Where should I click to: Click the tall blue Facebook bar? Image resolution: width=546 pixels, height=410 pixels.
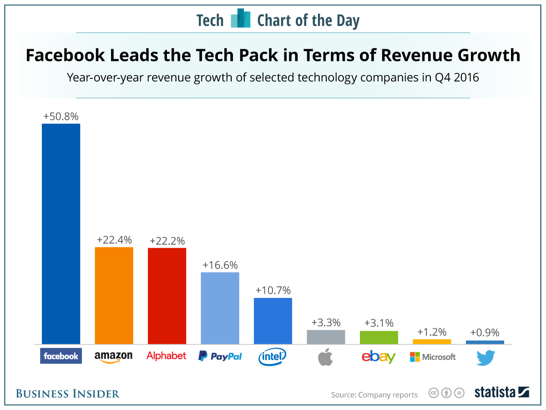pyautogui.click(x=61, y=234)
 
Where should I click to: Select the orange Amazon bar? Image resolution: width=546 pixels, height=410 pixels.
pyautogui.click(x=114, y=296)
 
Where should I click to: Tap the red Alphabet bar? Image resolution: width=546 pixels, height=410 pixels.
pyautogui.click(x=167, y=296)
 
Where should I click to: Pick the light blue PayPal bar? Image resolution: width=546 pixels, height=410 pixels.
pyautogui.click(x=220, y=308)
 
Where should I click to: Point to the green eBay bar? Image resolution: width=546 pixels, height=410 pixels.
pyautogui.click(x=379, y=337)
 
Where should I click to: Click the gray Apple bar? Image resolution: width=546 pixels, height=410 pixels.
pyautogui.click(x=326, y=337)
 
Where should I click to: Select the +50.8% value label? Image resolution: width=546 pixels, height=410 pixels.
pyautogui.click(x=61, y=117)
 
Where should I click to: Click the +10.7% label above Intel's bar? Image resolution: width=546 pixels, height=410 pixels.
pyautogui.click(x=273, y=290)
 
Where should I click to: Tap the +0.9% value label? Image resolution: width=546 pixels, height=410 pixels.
pyautogui.click(x=485, y=333)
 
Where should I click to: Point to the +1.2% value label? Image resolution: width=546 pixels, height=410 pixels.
pyautogui.click(x=432, y=332)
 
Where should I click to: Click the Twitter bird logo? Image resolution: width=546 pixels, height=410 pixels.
pyautogui.click(x=486, y=358)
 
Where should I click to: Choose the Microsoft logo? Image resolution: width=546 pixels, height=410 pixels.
pyautogui.click(x=433, y=357)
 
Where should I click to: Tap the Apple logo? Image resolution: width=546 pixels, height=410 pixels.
pyautogui.click(x=325, y=357)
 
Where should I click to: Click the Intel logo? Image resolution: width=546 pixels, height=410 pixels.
pyautogui.click(x=273, y=357)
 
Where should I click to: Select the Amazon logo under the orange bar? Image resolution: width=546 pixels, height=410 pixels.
pyautogui.click(x=113, y=357)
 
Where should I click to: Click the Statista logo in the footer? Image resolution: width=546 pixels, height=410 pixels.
pyautogui.click(x=502, y=393)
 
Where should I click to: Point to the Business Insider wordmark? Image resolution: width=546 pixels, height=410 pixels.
pyautogui.click(x=68, y=394)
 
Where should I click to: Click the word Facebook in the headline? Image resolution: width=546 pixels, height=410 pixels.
pyautogui.click(x=65, y=55)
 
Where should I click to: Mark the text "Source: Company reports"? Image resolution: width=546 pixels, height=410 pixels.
pyautogui.click(x=374, y=395)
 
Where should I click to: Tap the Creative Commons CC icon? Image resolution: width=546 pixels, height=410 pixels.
pyautogui.click(x=434, y=393)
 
